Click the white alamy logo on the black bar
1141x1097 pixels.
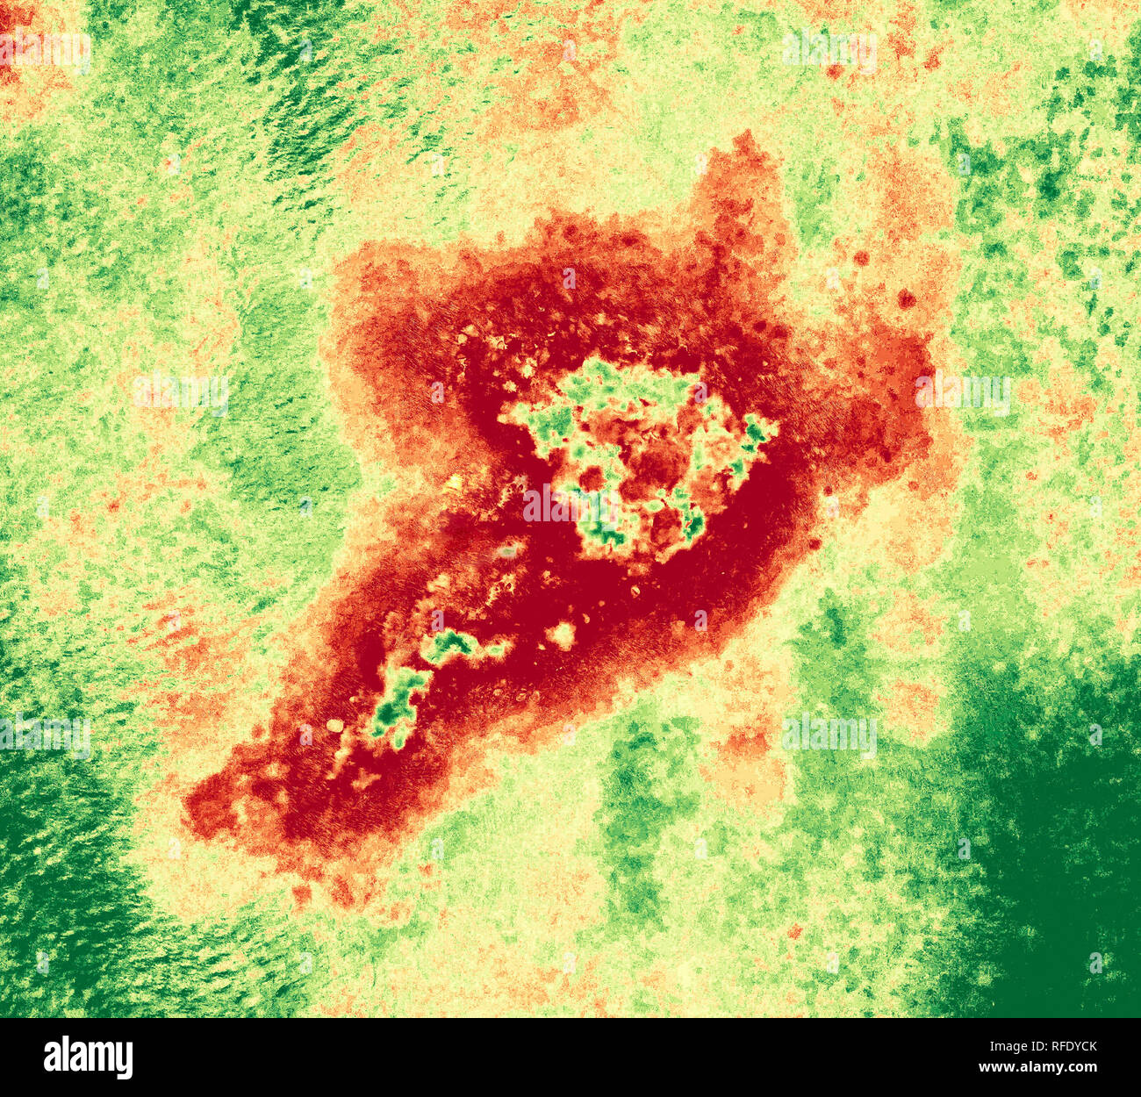click(x=88, y=1057)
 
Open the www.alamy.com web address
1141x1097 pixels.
click(x=1037, y=1067)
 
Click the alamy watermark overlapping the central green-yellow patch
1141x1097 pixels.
click(x=570, y=502)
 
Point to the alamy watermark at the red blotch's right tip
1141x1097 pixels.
click(x=963, y=392)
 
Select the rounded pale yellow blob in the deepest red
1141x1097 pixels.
click(x=561, y=634)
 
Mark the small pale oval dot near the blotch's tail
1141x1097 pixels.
click(x=334, y=726)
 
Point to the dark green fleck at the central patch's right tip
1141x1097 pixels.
click(x=755, y=430)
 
